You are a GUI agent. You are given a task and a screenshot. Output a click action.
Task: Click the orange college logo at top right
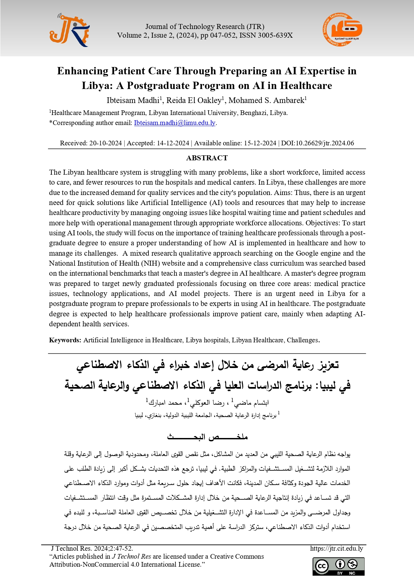[x=342, y=30]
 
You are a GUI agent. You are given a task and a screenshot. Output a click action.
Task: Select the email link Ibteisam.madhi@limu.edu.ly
[x=174, y=123]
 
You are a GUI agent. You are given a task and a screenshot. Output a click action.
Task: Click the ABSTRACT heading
[x=207, y=158]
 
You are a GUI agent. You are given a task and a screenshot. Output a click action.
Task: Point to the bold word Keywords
[x=65, y=340]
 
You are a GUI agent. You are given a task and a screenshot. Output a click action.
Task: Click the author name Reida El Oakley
[x=194, y=100]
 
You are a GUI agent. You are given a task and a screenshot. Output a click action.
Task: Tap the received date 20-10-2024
[x=105, y=143]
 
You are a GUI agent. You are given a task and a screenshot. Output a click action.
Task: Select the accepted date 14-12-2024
[x=173, y=143]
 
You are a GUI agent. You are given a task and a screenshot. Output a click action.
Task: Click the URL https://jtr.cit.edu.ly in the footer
[x=336, y=549]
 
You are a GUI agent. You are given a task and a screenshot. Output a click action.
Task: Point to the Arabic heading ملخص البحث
[x=207, y=437]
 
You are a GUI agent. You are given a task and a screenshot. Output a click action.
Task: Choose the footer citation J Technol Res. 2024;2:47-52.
[x=92, y=549]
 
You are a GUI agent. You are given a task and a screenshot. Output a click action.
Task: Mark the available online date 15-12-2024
[x=260, y=143]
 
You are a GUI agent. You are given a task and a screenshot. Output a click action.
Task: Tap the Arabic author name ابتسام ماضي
[x=252, y=403]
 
